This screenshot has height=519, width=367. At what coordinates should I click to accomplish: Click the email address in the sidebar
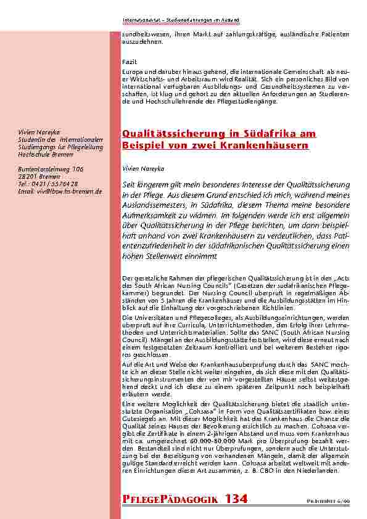[60, 192]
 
